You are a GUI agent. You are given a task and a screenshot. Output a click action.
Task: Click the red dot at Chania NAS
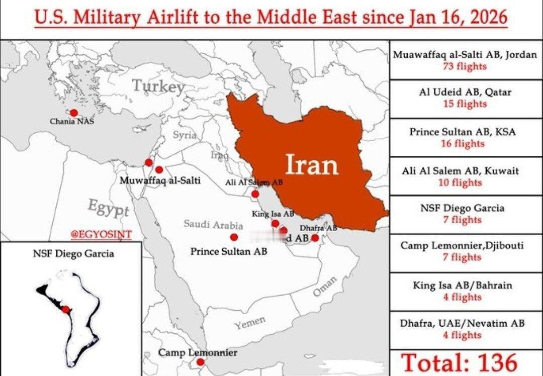tap(74, 113)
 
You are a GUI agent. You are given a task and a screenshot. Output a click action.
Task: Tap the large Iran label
tap(312, 164)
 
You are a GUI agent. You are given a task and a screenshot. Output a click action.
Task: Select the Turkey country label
tap(158, 87)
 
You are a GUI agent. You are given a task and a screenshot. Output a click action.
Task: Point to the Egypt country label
tap(109, 208)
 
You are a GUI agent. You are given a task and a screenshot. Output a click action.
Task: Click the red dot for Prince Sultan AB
tap(234, 237)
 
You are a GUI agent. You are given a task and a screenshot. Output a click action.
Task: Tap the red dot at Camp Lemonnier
tap(200, 362)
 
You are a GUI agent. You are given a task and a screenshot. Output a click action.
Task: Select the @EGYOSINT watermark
tap(101, 234)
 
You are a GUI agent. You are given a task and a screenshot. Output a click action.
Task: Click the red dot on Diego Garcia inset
tap(65, 309)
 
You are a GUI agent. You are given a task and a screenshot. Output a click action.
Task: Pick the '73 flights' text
tap(465, 66)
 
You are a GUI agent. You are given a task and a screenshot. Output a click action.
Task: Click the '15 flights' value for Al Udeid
tap(465, 104)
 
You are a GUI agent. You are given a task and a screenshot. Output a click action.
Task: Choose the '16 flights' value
tap(465, 144)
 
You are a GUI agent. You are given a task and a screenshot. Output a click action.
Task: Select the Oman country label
tap(325, 287)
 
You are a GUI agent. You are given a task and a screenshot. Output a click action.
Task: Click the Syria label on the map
tap(185, 135)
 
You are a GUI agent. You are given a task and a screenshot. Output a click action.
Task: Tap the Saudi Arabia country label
tap(213, 224)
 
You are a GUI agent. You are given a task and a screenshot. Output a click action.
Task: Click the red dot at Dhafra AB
tap(315, 238)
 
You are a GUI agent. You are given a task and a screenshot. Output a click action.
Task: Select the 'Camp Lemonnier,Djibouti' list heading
tap(462, 246)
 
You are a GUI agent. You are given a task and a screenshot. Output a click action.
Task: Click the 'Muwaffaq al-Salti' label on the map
tap(160, 180)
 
